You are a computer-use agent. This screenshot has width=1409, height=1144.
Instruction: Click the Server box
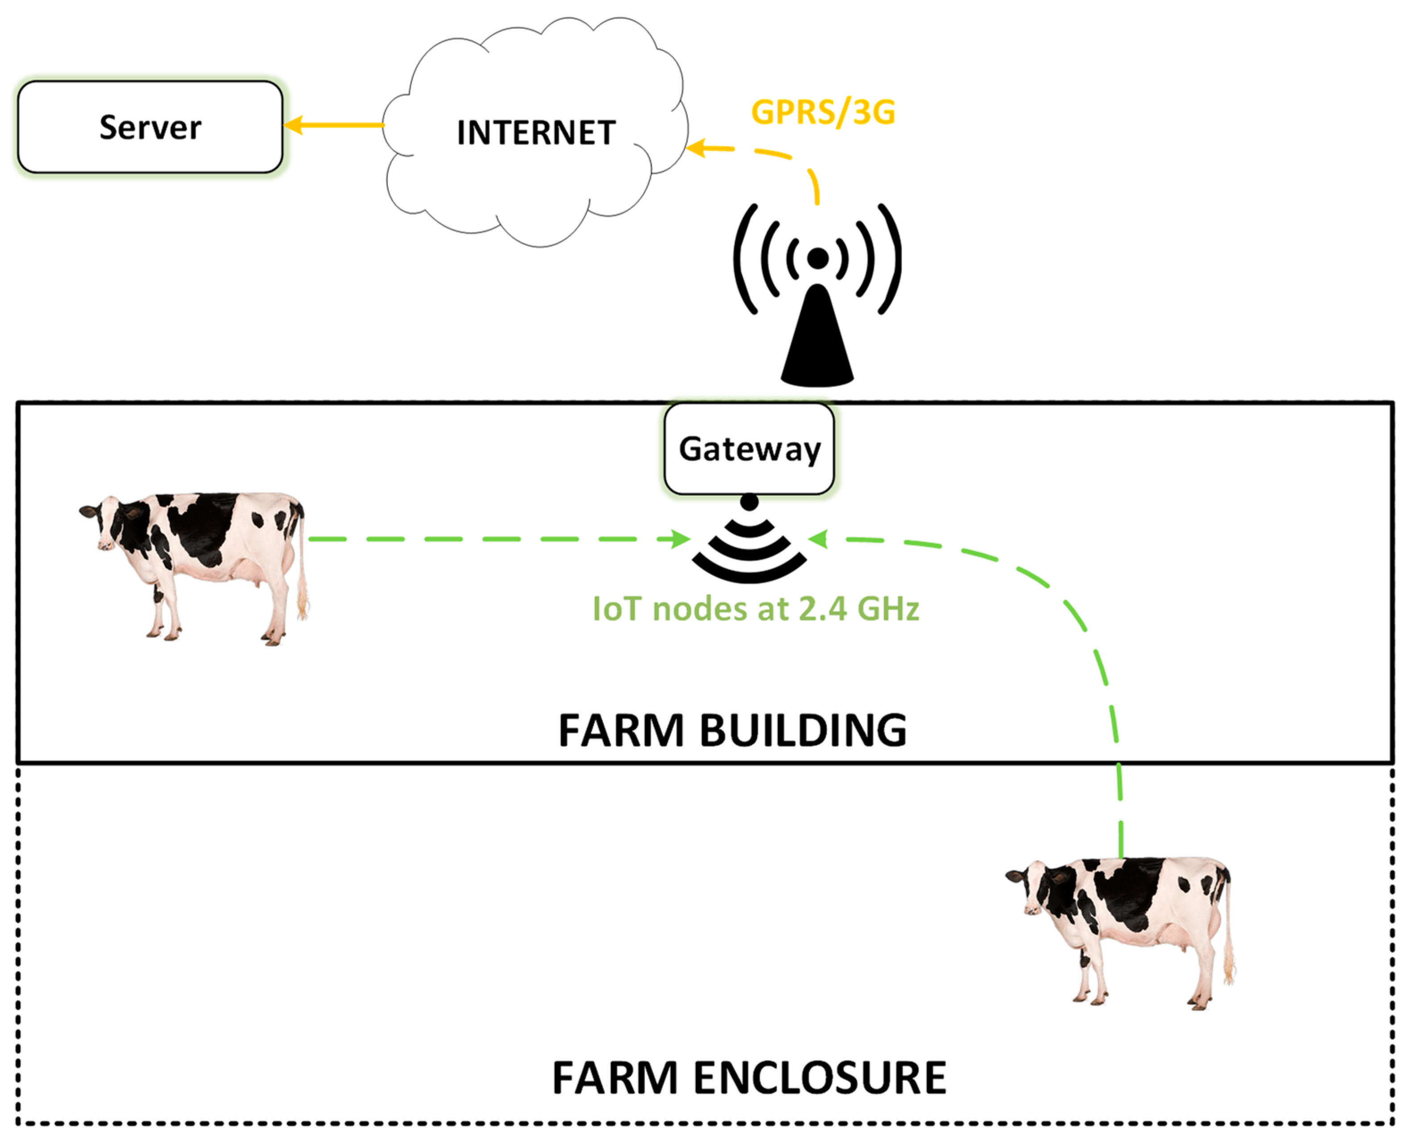(150, 127)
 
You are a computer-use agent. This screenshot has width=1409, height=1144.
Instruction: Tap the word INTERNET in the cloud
(535, 133)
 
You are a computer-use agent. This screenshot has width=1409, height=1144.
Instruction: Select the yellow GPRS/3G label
(823, 112)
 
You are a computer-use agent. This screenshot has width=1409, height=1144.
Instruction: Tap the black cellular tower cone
(817, 343)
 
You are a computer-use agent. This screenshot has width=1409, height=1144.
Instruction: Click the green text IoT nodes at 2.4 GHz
(755, 609)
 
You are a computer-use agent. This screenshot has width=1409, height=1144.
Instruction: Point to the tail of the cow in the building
(302, 573)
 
